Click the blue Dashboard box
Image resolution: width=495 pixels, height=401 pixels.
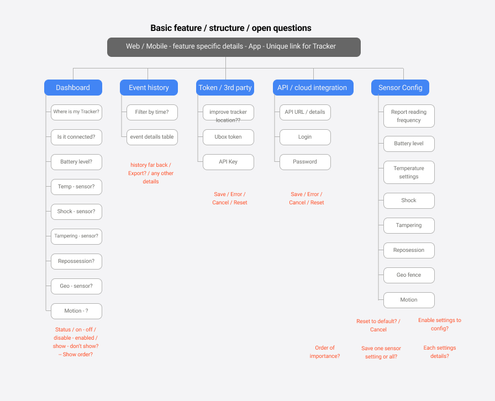coord(73,87)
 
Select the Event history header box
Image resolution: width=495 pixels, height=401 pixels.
coord(149,87)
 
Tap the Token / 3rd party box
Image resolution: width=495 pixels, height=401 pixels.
coord(225,87)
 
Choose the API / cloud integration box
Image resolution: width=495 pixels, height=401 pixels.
coord(312,87)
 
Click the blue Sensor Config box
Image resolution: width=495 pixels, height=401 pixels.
coord(400,87)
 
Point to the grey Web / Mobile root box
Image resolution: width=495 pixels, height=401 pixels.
coord(234,47)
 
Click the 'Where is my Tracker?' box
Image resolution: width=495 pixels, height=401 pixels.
coord(76,112)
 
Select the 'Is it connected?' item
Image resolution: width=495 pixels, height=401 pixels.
coord(76,137)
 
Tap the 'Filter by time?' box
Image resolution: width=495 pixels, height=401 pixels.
coord(152,112)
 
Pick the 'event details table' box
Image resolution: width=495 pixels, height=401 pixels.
coord(152,137)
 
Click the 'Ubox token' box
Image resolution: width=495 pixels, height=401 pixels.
coord(228,137)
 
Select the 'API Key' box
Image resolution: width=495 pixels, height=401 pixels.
coord(228,162)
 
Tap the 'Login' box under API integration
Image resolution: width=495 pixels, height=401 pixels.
coord(305,137)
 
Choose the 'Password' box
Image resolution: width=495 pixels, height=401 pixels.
coord(305,162)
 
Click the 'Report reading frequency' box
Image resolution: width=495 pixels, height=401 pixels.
coord(409,116)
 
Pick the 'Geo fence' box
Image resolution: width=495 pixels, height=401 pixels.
coord(409,275)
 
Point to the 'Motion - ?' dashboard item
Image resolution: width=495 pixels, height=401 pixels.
coord(76,311)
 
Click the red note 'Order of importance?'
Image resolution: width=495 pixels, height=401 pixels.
coord(325,352)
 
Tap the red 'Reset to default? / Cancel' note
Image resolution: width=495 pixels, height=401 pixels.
coord(378,325)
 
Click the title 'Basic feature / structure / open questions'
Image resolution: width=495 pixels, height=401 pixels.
coord(231,28)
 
